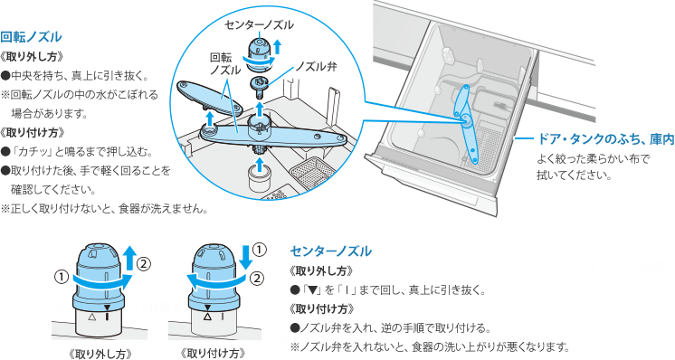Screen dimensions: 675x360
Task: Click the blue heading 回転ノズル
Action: coord(31,37)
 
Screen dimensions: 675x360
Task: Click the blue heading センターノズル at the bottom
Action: coord(330,251)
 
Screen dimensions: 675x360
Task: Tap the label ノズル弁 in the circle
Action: coord(316,67)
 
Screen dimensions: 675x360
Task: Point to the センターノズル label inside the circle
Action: coord(259,25)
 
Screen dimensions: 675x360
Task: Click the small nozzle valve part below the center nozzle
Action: coord(260,85)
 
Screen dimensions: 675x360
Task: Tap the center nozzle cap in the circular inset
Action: coord(258,52)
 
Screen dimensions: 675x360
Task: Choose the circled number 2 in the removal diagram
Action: coord(144,263)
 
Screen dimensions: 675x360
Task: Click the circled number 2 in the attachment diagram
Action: coord(257,279)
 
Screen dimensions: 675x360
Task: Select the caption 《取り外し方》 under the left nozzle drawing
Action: coord(100,354)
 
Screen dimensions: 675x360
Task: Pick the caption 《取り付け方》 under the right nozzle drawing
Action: coord(213,354)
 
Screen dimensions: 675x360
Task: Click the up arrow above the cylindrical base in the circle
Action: coord(259,165)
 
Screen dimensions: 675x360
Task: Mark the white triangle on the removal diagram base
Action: coord(90,317)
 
